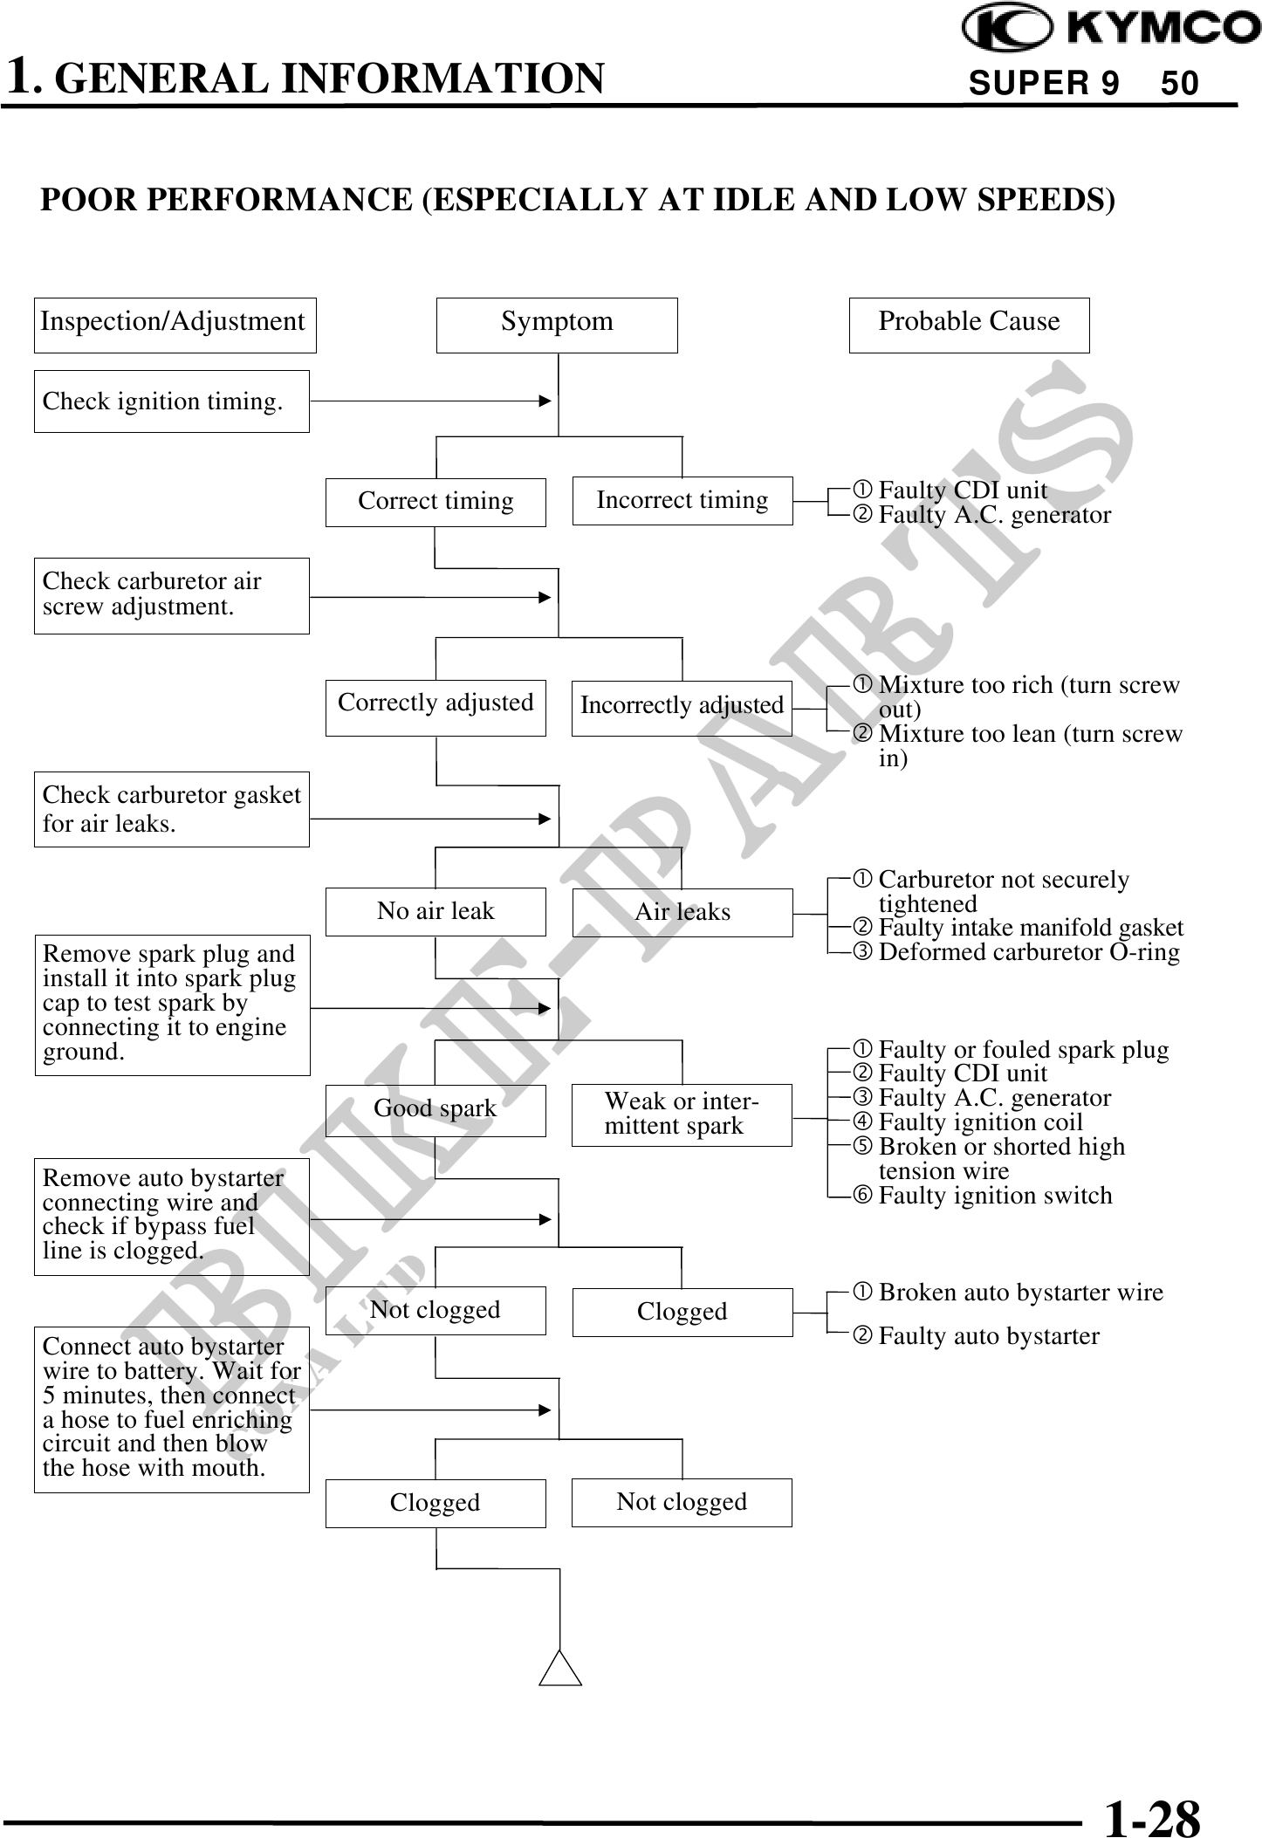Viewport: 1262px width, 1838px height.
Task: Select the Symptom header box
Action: coord(557,325)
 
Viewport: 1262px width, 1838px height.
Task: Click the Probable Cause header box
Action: coord(969,325)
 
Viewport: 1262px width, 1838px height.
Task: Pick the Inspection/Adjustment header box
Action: coord(175,325)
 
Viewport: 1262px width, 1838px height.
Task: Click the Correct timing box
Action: coord(436,502)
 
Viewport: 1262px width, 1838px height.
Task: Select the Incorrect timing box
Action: coord(682,501)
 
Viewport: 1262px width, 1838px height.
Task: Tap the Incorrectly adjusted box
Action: coord(682,707)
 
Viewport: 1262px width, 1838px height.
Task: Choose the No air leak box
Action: coord(436,911)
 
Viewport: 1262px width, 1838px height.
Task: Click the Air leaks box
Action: coord(682,912)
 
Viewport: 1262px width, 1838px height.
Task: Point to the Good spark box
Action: coord(436,1109)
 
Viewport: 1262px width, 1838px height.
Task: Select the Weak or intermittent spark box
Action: coord(682,1114)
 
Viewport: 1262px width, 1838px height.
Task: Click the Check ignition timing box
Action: coord(171,401)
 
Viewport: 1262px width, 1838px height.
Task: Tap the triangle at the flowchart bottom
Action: coord(560,1669)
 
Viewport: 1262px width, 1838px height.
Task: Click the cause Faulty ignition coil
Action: coord(979,1122)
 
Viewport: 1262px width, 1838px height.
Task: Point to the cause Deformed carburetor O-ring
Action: coord(1028,952)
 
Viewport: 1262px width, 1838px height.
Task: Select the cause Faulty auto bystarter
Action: coord(988,1336)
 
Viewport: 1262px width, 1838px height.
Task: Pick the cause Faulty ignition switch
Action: coord(995,1196)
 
